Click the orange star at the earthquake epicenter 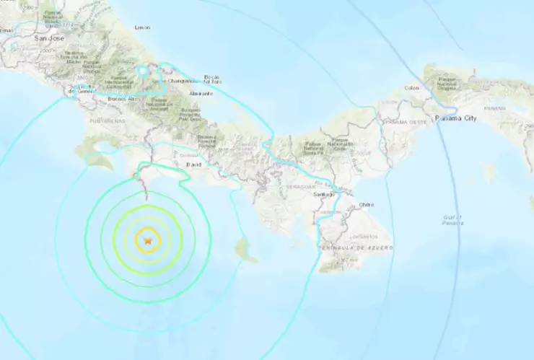click(x=148, y=240)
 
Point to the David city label click(x=193, y=164)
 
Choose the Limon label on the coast click(x=142, y=27)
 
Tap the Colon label click(x=412, y=88)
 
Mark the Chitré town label click(x=367, y=204)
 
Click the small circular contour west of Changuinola click(x=144, y=72)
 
